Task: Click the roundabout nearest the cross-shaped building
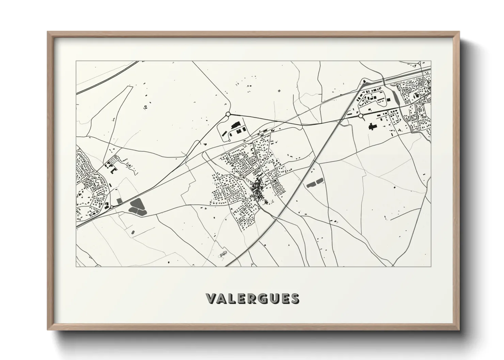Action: pos(360,116)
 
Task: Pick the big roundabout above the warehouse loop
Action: pos(228,114)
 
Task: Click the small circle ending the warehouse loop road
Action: pos(230,141)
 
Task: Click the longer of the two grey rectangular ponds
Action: pos(311,184)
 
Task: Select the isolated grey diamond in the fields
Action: pos(279,91)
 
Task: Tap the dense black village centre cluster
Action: pos(256,188)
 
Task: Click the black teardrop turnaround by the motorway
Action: pos(365,81)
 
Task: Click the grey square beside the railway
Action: pos(119,201)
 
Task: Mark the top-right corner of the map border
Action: pos(431,61)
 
